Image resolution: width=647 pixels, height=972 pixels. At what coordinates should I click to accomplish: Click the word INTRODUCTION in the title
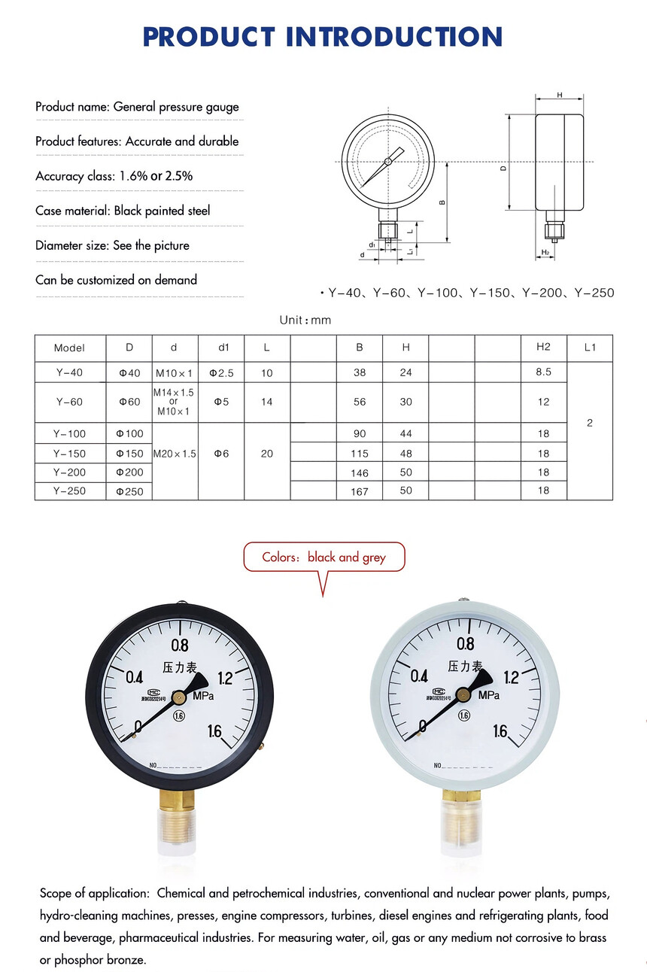tap(394, 36)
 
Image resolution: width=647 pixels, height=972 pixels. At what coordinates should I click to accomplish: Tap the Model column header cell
tap(69, 348)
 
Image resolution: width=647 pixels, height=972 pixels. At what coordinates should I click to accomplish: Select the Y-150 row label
tap(69, 454)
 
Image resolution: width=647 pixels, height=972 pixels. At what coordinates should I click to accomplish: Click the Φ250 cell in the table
tap(129, 491)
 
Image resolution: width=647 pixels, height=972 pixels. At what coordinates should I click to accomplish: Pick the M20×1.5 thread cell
tap(175, 454)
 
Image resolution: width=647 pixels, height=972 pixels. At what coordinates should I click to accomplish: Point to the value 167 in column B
tap(360, 491)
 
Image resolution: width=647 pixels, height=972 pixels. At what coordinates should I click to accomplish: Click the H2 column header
tap(543, 347)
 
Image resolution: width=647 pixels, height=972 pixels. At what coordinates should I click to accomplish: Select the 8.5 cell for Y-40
tap(543, 372)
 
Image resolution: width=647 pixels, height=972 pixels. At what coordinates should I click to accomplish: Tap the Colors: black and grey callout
tap(323, 557)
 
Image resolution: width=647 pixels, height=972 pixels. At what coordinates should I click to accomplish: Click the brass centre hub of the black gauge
tap(179, 697)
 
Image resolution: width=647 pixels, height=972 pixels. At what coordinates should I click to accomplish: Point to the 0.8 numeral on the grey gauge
tap(466, 644)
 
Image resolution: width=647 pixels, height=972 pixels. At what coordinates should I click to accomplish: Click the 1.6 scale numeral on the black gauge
tap(214, 731)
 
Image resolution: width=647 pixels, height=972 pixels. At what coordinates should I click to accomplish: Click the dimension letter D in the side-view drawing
tap(503, 169)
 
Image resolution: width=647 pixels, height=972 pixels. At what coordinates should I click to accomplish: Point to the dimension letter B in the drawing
tap(442, 202)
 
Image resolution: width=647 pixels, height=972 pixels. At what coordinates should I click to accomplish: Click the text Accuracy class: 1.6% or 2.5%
tap(114, 176)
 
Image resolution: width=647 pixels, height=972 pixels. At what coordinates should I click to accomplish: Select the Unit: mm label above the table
tap(305, 320)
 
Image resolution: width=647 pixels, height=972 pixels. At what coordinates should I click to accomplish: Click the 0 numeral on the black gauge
tap(138, 727)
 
